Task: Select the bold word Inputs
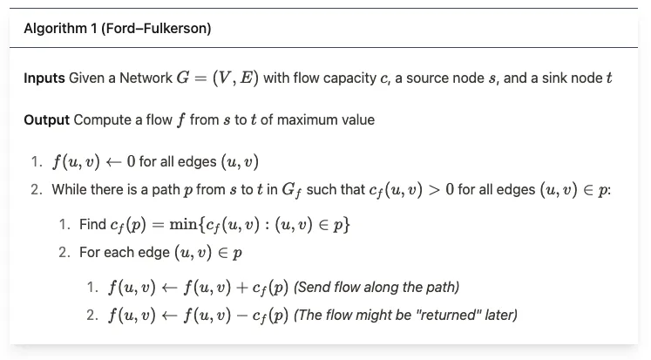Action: point(44,78)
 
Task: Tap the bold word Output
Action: point(47,119)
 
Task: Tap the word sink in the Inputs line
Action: point(553,78)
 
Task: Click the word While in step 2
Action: point(70,189)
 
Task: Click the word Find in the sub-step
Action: point(92,224)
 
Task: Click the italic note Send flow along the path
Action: point(376,287)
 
